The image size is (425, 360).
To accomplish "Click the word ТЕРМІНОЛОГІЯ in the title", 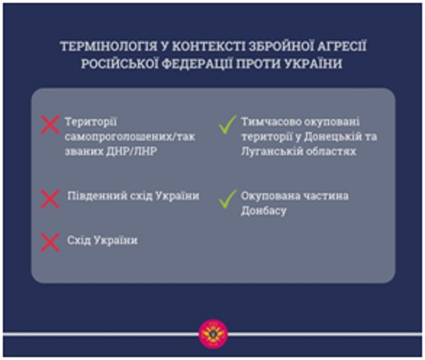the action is pyautogui.click(x=108, y=46).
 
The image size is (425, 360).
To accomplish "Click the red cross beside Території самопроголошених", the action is pyautogui.click(x=50, y=125).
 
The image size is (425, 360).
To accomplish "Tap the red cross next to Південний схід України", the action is pyautogui.click(x=50, y=199).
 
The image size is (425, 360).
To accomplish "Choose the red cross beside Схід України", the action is pyautogui.click(x=50, y=242).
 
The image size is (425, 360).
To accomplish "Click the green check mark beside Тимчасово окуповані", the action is pyautogui.click(x=228, y=125).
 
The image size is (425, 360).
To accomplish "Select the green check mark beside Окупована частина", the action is pyautogui.click(x=228, y=199).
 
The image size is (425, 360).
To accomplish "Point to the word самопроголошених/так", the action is pyautogui.click(x=130, y=136).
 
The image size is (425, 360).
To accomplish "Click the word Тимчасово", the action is pyautogui.click(x=268, y=122).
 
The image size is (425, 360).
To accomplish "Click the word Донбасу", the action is pyautogui.click(x=263, y=210).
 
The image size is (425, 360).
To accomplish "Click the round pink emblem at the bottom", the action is pyautogui.click(x=213, y=334).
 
